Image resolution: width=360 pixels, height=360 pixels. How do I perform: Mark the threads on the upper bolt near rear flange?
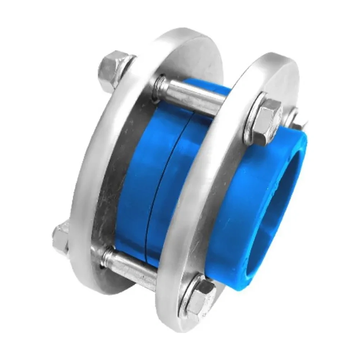pyautogui.click(x=160, y=85)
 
